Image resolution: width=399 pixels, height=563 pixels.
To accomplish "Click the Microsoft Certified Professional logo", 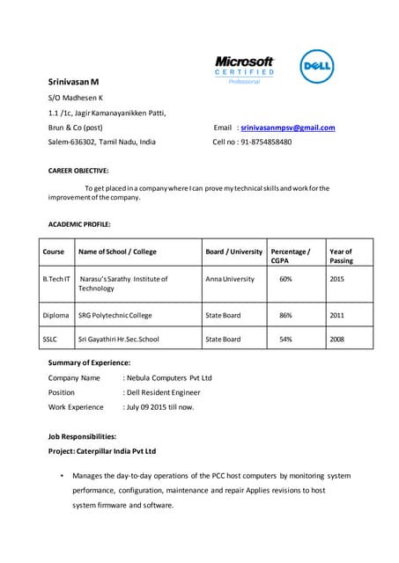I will tap(244, 69).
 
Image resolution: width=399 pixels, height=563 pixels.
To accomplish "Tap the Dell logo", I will tap(317, 67).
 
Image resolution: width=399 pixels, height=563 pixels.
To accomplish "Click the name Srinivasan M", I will tap(73, 81).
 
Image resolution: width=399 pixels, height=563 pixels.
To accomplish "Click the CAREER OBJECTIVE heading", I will tap(78, 171).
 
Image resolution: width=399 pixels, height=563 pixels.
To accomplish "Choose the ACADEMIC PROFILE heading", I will tap(78, 224).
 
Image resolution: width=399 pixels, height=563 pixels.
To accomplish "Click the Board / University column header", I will tap(234, 252).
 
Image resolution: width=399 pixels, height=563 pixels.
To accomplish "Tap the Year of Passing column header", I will tap(341, 256).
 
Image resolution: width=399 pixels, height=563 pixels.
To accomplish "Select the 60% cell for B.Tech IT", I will tap(285, 279).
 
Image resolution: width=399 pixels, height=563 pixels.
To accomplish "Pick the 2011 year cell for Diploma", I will tap(336, 314).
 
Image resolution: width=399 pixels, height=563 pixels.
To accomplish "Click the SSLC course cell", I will tap(49, 339).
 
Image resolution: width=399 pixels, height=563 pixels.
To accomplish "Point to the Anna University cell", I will tap(230, 279).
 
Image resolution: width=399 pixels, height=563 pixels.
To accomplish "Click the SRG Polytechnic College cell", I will tap(115, 314).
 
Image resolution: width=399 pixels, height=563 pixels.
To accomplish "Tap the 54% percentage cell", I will tap(285, 339).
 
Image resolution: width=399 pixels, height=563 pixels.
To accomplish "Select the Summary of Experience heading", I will tap(89, 362).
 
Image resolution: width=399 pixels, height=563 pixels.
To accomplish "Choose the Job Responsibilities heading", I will tap(81, 436).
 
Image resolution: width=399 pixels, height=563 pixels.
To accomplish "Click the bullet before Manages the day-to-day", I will tap(61, 476).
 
